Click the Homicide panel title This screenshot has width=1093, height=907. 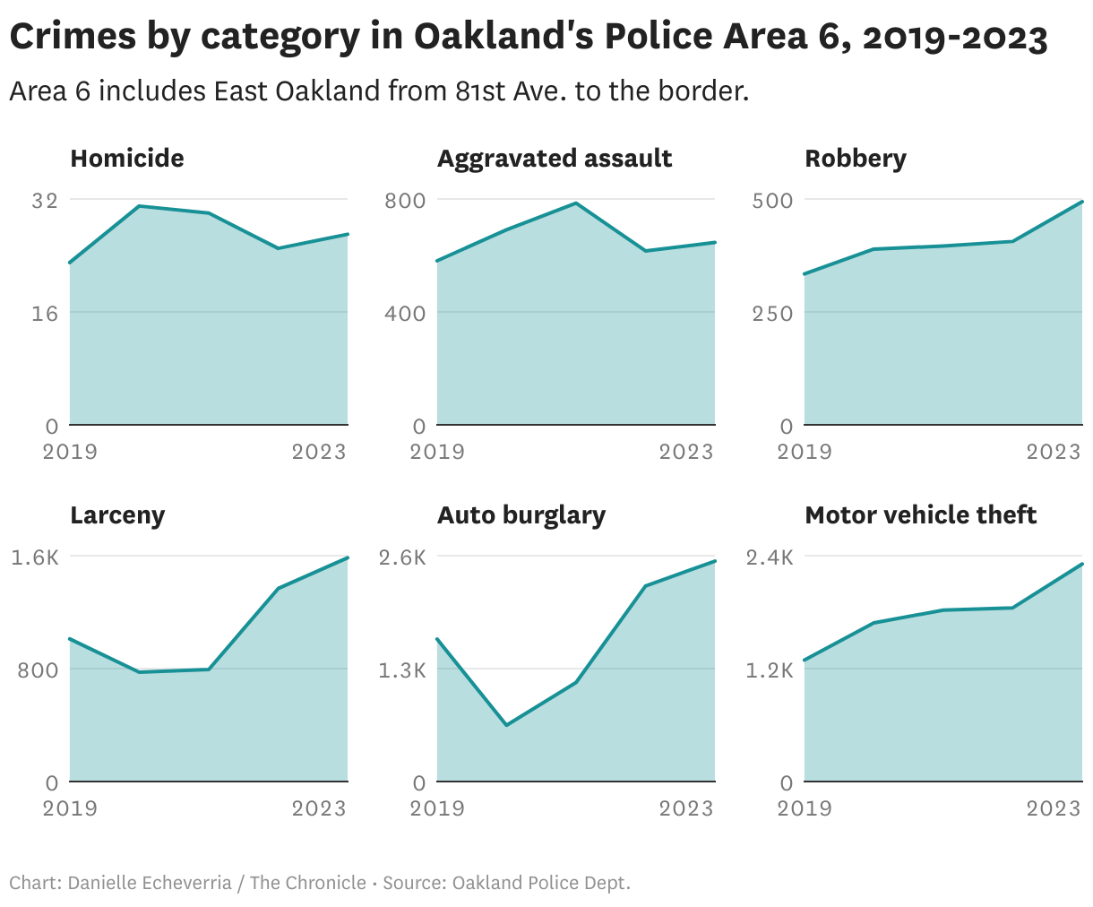[127, 159]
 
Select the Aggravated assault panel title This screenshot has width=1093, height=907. [555, 159]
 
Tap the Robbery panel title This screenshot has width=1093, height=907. [856, 159]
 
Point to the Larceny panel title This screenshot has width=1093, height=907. [117, 515]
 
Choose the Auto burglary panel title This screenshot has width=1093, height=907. [521, 515]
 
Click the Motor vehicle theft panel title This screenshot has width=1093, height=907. [921, 515]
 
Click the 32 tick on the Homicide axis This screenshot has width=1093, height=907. [45, 200]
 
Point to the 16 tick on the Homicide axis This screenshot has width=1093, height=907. [45, 313]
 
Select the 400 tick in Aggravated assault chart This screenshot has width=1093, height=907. [405, 313]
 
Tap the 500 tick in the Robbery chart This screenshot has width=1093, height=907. [772, 200]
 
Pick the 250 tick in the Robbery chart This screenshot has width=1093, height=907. [772, 313]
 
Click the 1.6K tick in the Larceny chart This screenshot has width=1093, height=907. [35, 557]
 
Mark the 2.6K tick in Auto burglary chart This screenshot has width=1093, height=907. [402, 557]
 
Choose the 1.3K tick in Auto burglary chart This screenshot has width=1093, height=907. [402, 669]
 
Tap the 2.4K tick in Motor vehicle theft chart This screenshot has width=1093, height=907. [770, 557]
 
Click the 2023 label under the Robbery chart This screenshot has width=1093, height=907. [1054, 451]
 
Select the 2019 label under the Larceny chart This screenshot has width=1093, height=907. [71, 808]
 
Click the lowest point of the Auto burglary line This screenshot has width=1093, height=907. [507, 725]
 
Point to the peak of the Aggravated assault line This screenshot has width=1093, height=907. [576, 203]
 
